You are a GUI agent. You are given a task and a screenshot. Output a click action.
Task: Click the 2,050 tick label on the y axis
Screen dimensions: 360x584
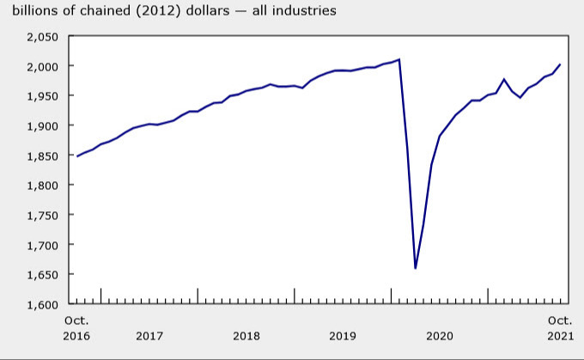41,36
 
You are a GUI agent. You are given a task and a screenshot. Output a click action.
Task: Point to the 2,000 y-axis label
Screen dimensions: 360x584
41,66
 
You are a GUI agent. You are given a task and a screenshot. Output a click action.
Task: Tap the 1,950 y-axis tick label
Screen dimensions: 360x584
41,95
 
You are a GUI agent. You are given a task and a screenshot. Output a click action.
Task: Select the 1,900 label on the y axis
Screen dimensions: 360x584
41,125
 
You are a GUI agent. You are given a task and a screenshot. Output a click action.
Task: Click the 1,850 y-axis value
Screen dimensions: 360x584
41,156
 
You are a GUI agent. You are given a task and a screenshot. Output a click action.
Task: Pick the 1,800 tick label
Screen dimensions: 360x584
41,185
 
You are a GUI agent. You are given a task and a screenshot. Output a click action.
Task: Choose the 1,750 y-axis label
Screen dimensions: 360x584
41,215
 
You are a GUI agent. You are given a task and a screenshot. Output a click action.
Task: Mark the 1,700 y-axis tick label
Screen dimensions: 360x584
41,245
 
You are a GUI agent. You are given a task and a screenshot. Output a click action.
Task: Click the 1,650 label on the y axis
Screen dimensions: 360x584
41,274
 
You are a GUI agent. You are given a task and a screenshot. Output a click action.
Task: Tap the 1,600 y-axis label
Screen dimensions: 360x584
41,304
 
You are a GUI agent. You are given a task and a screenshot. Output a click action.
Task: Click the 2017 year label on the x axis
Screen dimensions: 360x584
149,335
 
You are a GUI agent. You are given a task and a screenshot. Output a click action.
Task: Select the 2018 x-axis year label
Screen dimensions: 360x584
246,335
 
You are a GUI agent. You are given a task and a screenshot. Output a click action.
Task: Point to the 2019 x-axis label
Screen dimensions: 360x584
343,335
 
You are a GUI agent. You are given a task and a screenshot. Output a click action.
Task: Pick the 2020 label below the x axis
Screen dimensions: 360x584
440,335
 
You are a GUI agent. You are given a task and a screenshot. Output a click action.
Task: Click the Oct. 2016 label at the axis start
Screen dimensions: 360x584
76,327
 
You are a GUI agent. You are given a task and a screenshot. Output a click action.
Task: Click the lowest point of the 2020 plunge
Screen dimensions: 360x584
416,268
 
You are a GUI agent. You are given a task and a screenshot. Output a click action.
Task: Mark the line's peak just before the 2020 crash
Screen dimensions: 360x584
399,59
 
